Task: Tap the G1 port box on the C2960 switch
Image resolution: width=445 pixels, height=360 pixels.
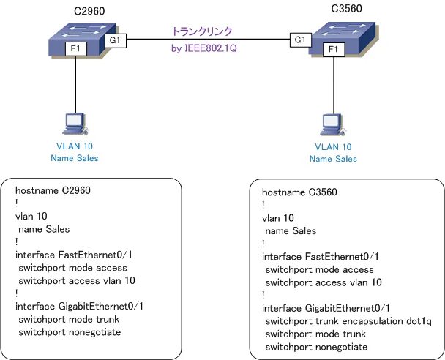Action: (116, 40)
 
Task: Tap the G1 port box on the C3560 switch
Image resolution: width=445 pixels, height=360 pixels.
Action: (299, 39)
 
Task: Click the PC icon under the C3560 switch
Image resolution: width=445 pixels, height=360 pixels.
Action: (332, 124)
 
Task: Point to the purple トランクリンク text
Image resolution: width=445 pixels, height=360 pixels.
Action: (202, 31)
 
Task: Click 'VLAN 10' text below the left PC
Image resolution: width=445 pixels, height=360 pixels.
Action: (75, 146)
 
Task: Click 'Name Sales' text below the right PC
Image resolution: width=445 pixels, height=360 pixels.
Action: (332, 159)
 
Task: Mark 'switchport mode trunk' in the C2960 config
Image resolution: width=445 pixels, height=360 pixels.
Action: (68, 319)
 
